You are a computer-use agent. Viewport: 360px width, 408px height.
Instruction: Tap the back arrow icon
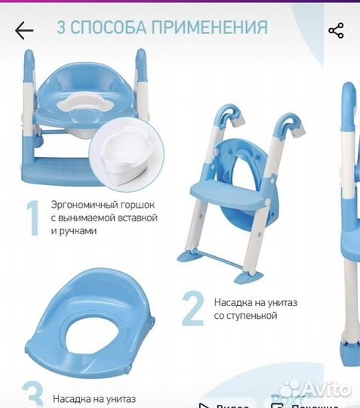click(24, 30)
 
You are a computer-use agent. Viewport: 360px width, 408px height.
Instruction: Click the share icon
click(336, 30)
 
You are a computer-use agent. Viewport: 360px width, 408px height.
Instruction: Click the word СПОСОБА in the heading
click(106, 29)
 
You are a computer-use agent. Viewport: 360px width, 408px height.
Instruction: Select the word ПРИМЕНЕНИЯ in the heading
click(209, 29)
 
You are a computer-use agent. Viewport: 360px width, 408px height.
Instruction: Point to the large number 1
click(32, 218)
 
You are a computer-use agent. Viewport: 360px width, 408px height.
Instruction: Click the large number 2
click(194, 308)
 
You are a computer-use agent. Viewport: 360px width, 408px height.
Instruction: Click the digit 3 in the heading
click(63, 29)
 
